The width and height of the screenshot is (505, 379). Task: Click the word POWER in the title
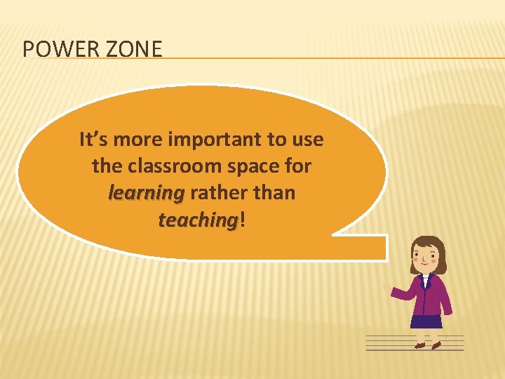55,49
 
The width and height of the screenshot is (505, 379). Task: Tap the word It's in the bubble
93,140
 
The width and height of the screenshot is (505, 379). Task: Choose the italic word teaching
198,220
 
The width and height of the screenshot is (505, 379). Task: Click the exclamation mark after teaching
243,220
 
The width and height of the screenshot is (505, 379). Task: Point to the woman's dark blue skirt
426,321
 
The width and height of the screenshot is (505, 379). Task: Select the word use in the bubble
308,140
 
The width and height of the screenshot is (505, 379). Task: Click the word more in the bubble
135,140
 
